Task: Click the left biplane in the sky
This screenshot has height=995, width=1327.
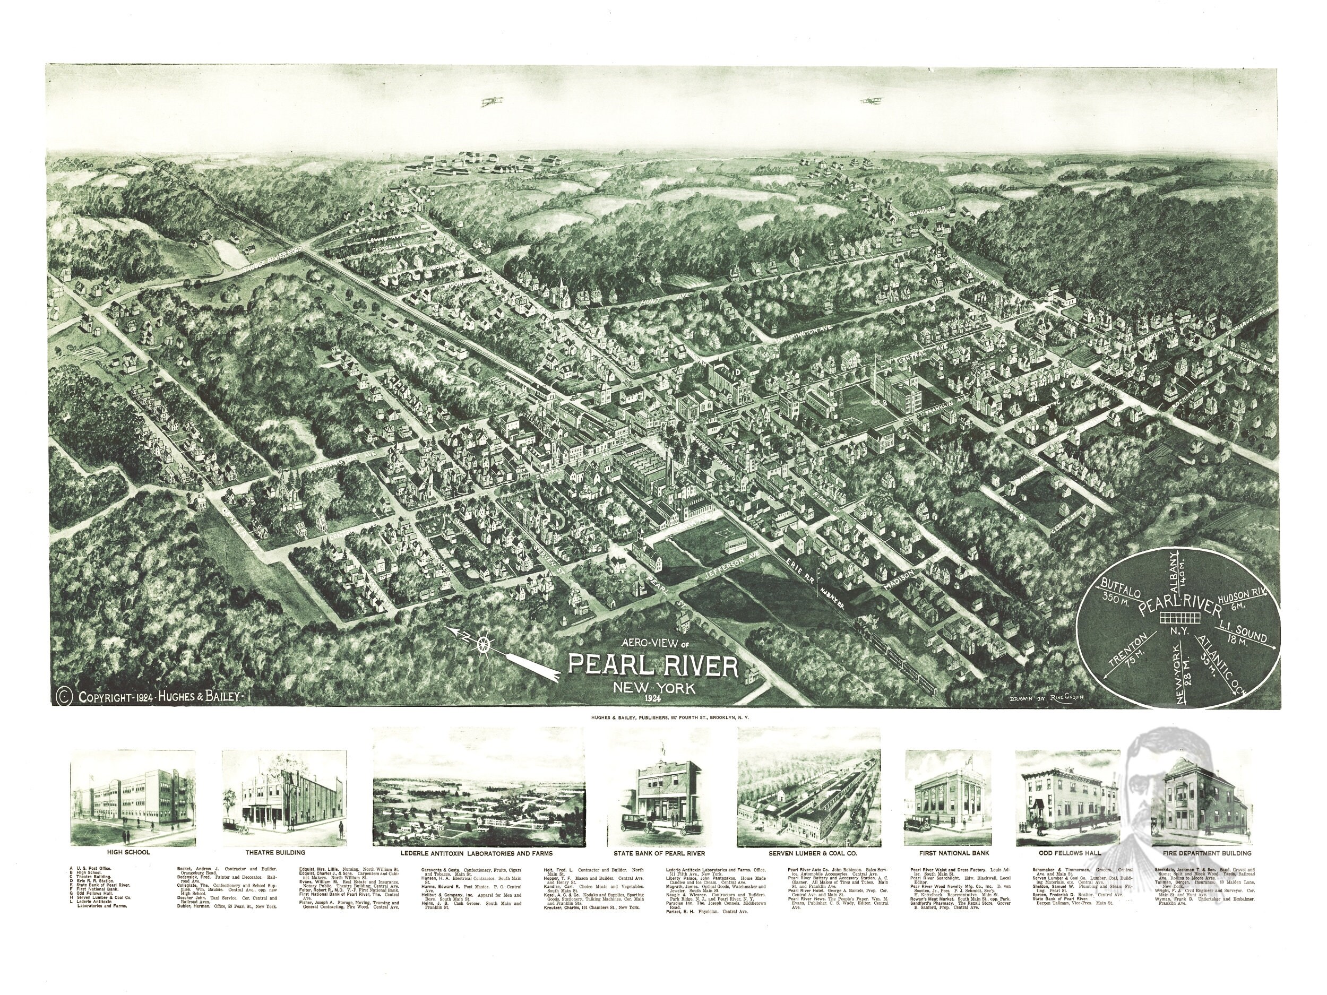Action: (x=492, y=101)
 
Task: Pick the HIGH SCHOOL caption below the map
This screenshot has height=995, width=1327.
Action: (x=128, y=852)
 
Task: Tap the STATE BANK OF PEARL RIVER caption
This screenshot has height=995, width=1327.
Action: (x=659, y=853)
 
